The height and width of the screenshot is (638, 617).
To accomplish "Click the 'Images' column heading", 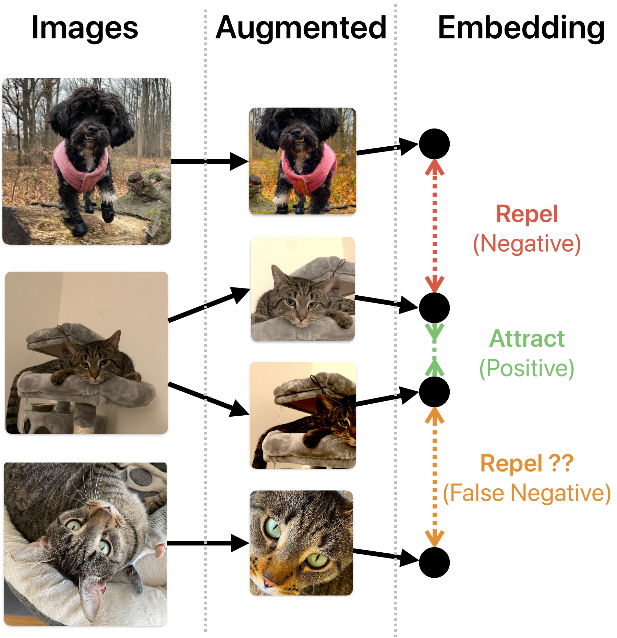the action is click(x=85, y=28).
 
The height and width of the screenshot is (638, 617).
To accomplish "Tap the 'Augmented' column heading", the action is click(x=301, y=28).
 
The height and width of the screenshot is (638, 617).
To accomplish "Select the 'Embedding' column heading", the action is click(x=521, y=28).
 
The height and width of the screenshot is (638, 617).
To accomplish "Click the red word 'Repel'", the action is click(x=527, y=214).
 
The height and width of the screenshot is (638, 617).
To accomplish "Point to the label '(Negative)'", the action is click(x=527, y=244).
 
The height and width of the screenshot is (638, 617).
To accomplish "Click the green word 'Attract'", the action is click(x=527, y=339).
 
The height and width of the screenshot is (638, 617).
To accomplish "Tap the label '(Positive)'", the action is click(x=527, y=368).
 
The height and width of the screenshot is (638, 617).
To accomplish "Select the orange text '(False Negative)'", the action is click(x=527, y=493).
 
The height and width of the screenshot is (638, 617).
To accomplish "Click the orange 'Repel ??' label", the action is click(x=527, y=463).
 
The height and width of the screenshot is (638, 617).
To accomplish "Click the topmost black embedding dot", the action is click(x=434, y=144).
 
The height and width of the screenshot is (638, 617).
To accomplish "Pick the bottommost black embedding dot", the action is click(x=434, y=563).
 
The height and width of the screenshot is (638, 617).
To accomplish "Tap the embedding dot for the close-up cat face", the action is click(x=434, y=563).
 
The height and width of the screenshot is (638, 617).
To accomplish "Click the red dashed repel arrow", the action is click(x=434, y=226).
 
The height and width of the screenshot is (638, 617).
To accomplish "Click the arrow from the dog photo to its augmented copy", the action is click(x=210, y=161).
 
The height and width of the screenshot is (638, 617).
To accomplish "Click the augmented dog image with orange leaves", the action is click(x=303, y=161).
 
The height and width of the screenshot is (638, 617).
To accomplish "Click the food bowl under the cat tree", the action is click(x=43, y=407).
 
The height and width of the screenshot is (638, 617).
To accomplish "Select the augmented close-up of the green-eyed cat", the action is click(x=302, y=543).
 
